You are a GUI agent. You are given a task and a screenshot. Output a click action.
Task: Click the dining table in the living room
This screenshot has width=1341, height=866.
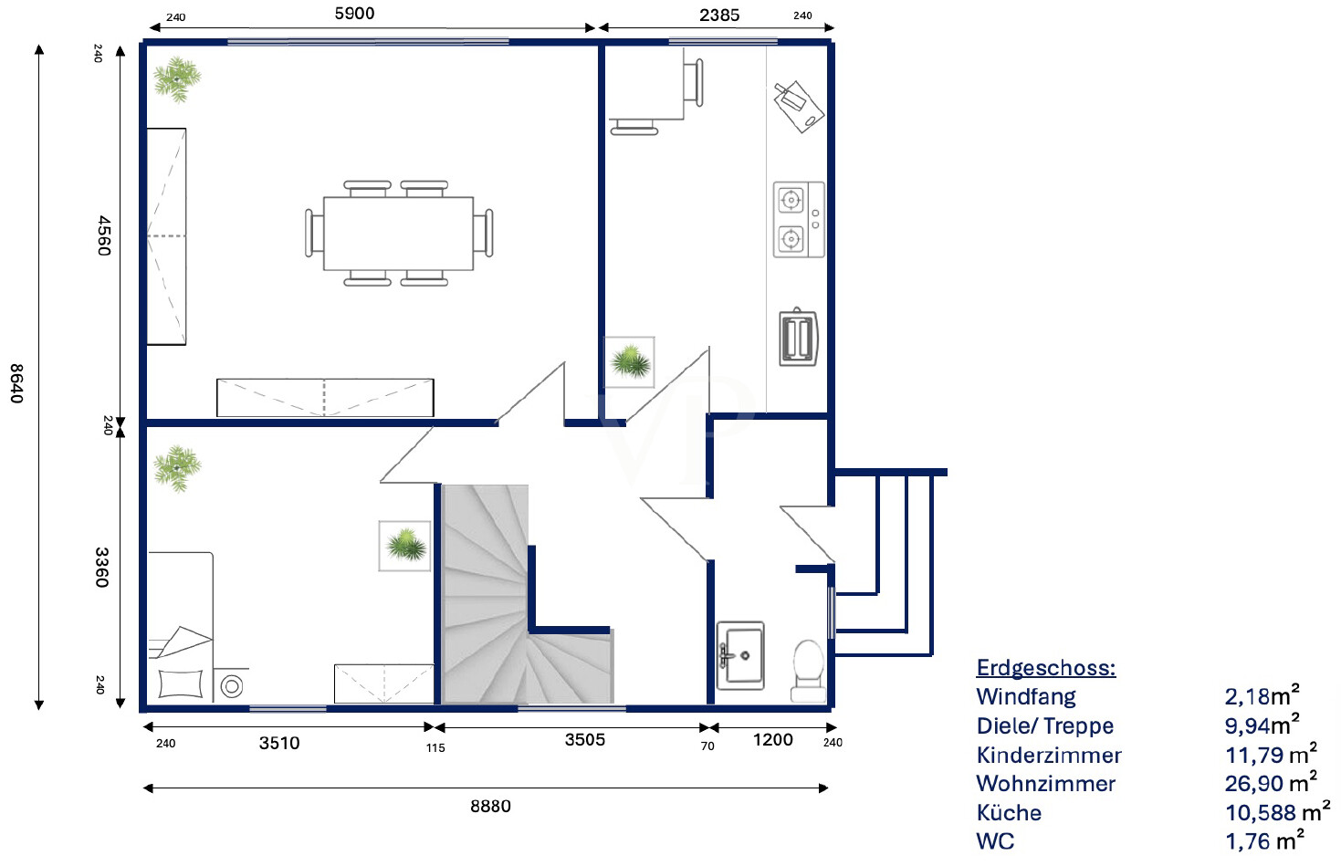pos(398,234)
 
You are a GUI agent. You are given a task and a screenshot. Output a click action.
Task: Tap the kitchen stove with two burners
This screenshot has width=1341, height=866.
pos(798,220)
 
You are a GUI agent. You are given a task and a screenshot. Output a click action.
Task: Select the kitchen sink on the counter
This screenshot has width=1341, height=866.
pos(799,107)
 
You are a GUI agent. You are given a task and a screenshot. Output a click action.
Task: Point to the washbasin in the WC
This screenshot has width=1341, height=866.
pos(740,655)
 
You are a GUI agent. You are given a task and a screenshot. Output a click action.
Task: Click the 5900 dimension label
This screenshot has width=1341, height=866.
pos(354,14)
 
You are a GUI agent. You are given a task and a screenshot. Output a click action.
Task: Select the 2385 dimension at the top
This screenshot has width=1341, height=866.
pos(719,16)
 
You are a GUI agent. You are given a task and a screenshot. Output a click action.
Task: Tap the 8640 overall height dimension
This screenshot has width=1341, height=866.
pos(17,383)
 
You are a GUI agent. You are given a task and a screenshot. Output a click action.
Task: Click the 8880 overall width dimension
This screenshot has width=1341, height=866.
pos(490,806)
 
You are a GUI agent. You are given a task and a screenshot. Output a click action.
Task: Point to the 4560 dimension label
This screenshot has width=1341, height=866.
pos(104,235)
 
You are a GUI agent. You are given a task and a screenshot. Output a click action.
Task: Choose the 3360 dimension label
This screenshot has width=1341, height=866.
pos(102,567)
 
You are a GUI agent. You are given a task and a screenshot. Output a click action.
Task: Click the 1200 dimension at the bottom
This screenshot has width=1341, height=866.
pos(772,740)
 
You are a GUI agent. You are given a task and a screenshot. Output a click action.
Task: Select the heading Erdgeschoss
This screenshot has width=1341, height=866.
pos(1045,668)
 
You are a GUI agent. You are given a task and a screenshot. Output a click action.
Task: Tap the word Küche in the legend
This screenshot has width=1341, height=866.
pos(1009,813)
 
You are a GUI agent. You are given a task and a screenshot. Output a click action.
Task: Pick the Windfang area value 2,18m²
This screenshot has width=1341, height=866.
pos(1262,696)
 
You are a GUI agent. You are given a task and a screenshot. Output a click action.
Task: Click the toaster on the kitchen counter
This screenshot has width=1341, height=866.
pos(798,338)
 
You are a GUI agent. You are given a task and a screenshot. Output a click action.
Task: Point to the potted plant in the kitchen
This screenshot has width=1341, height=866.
pos(630,362)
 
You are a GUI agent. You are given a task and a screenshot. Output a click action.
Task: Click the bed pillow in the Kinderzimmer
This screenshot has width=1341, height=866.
pos(181,683)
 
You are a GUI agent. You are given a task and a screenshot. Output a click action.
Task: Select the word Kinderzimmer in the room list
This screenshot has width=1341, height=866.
pos(1049,756)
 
